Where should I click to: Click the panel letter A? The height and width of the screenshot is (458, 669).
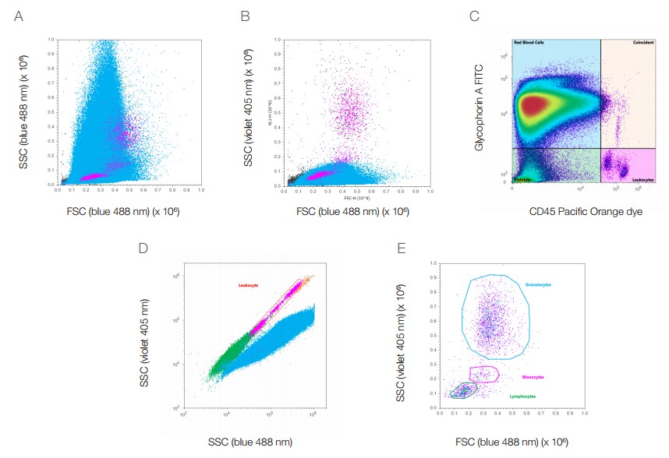[x=19, y=16]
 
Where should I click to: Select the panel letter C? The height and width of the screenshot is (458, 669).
[x=473, y=16]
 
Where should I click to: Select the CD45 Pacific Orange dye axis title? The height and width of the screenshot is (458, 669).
[x=578, y=211]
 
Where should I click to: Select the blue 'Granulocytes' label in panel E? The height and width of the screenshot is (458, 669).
[x=540, y=284]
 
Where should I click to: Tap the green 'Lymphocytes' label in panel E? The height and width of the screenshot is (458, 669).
[x=522, y=396]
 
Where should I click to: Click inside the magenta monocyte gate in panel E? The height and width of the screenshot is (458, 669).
[x=483, y=375]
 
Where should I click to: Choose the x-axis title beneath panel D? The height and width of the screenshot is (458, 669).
[x=250, y=442]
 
